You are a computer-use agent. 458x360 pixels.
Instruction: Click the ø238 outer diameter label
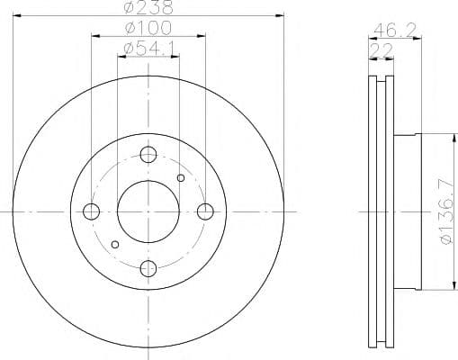click(x=148, y=7)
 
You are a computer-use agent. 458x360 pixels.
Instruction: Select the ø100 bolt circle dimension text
click(x=148, y=29)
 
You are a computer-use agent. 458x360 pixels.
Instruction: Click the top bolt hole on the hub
click(x=148, y=154)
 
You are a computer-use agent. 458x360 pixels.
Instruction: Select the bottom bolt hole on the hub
click(x=148, y=268)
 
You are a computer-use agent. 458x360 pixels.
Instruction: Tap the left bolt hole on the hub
click(x=91, y=211)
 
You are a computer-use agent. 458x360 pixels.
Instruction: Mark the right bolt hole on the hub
click(x=205, y=211)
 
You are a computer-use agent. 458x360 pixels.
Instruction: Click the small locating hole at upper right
click(x=181, y=178)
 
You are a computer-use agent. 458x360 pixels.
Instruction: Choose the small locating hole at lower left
click(x=114, y=244)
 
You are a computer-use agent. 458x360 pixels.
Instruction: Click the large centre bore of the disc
click(x=148, y=211)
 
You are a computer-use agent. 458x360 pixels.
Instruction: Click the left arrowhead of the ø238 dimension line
click(x=17, y=17)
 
